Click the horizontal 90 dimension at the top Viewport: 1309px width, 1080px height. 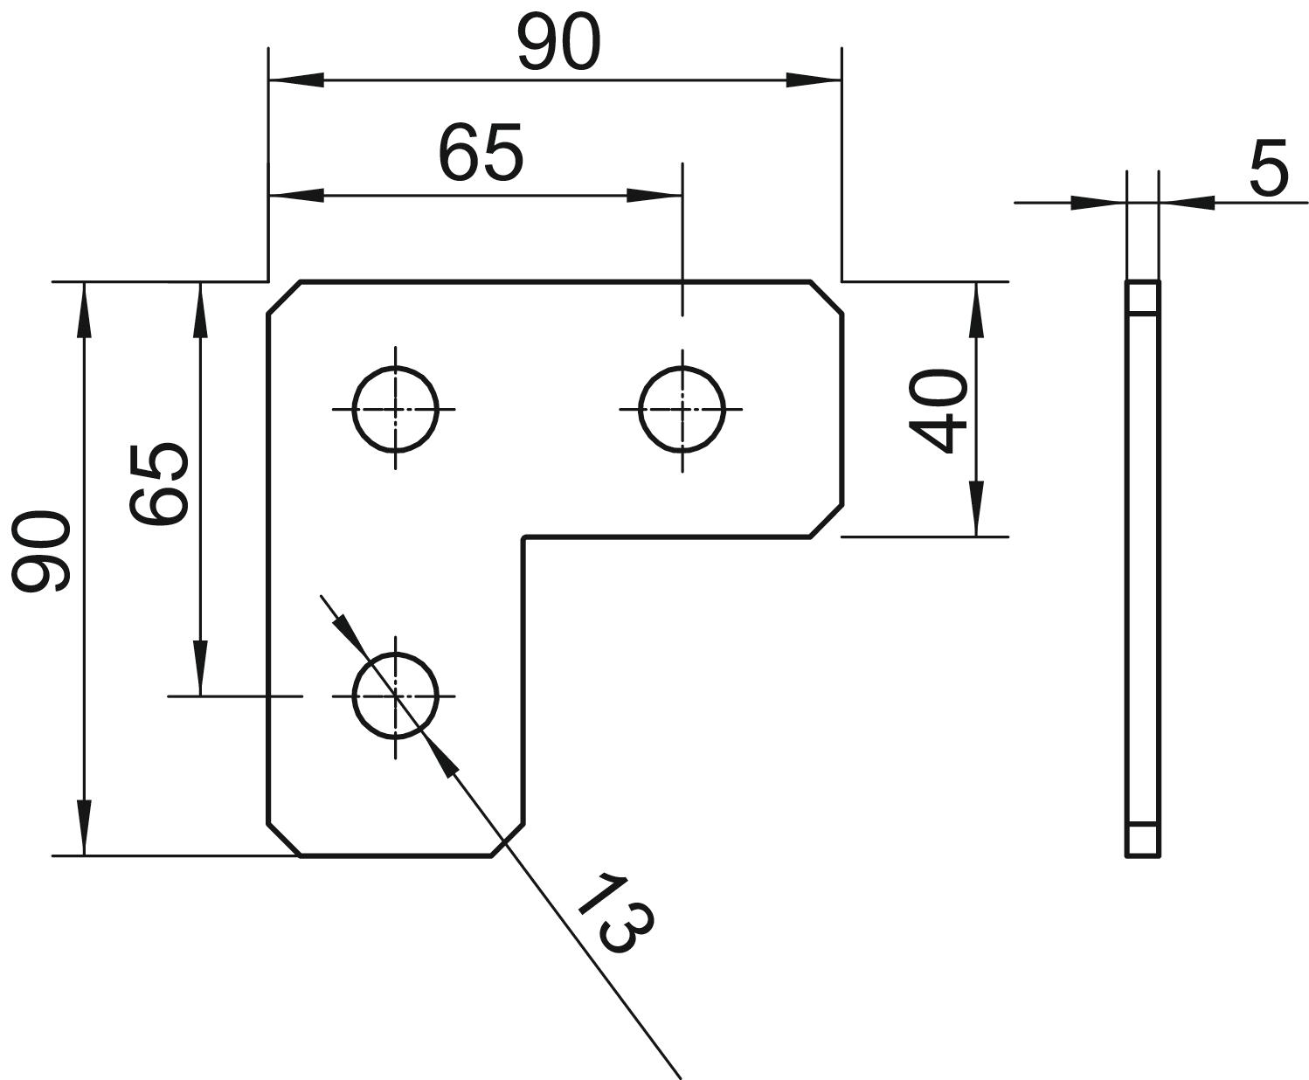559,44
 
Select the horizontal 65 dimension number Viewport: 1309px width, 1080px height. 481,152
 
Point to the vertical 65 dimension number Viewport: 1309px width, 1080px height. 158,483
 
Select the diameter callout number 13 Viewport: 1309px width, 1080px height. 616,913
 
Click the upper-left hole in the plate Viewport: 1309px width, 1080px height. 395,408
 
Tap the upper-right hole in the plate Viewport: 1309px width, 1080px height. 682,408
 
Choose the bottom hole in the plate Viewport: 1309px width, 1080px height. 395,696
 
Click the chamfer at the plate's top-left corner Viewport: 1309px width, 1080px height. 284,298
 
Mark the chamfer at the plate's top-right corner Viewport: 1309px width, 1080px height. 827,297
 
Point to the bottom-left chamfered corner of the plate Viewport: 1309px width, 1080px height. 284,839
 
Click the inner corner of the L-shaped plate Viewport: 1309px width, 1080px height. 524,537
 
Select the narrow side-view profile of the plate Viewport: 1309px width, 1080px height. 1142,568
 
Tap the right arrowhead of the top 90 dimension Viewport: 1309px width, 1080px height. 813,80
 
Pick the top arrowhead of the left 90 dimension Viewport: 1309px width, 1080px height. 84,309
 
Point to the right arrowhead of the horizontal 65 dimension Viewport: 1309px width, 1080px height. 654,195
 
